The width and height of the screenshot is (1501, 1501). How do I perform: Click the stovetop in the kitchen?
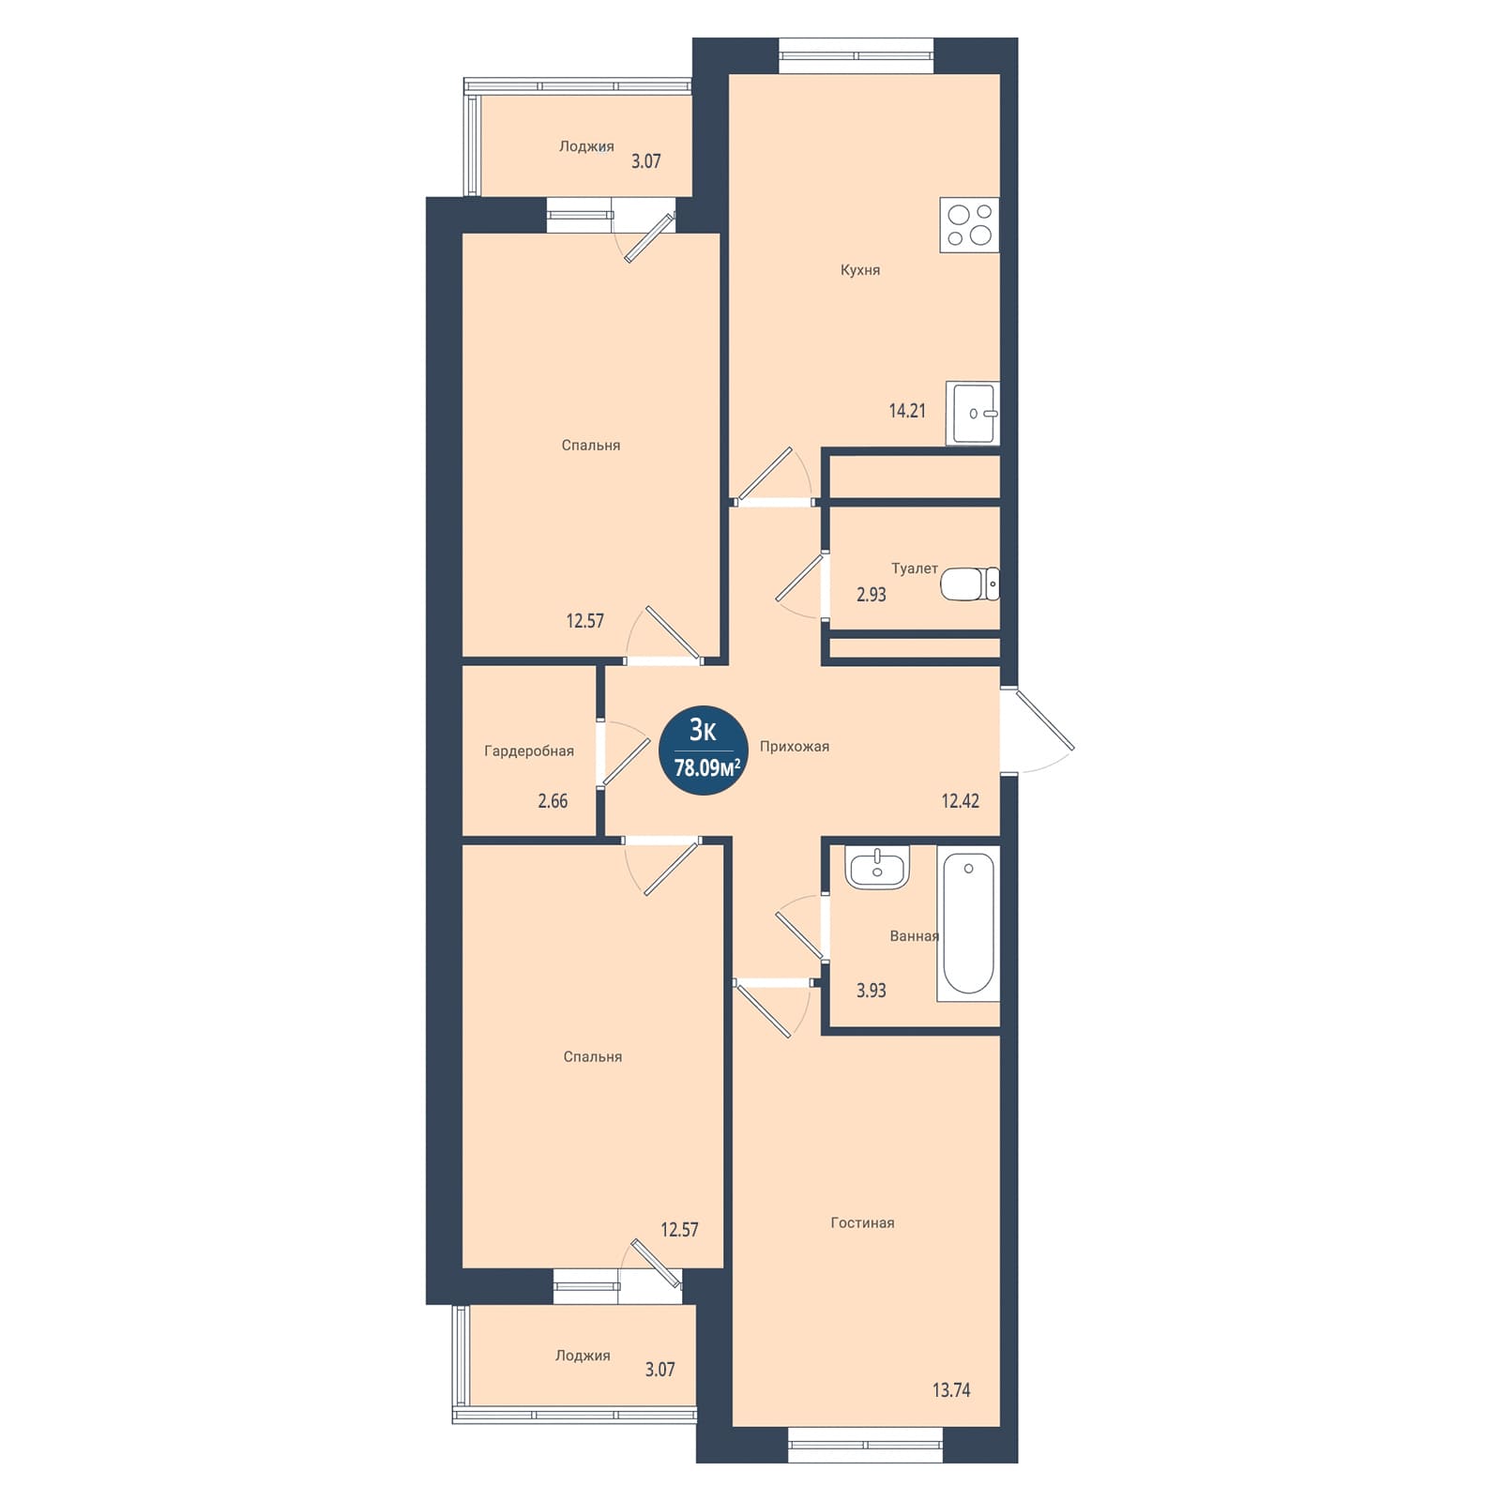969,225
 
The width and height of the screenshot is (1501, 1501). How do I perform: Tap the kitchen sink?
973,413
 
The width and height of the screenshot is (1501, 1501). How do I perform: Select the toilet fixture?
970,584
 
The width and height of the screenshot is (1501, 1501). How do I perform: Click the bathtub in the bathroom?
968,924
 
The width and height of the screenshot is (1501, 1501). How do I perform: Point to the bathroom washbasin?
877,866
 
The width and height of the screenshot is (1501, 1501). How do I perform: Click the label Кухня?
860,270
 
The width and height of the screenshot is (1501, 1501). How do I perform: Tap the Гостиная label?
862,1223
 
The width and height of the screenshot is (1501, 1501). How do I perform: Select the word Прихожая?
795,747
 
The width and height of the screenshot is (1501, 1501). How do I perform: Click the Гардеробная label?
529,751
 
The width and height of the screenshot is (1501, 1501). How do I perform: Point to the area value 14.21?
907,410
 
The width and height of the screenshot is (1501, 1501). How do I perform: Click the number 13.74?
951,1389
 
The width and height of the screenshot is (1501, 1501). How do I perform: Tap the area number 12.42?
961,800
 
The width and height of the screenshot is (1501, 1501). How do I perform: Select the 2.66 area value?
553,801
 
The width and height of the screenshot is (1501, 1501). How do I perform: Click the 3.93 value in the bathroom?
871,991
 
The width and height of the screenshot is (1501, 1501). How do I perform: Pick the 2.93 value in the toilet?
871,594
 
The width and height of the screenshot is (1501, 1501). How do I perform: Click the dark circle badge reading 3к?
704,750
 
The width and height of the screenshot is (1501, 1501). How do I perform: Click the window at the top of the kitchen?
857,55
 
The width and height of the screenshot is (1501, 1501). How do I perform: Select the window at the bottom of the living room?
865,1445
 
